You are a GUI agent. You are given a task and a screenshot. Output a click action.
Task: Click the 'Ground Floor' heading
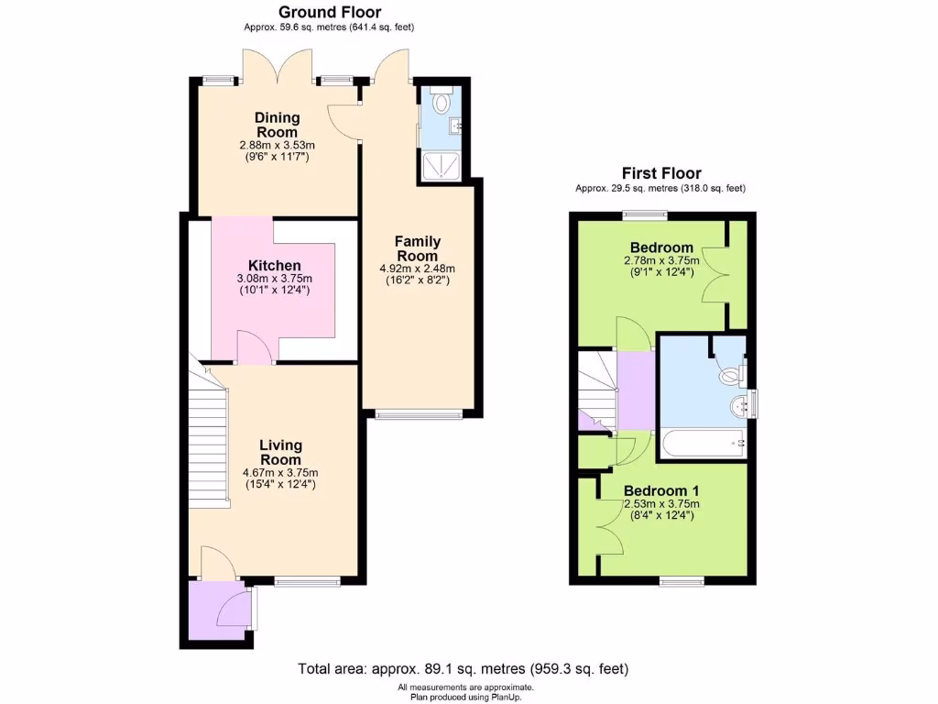(329, 12)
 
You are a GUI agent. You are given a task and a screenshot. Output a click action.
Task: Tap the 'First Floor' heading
(660, 172)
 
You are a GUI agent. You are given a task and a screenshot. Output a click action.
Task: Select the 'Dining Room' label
(276, 125)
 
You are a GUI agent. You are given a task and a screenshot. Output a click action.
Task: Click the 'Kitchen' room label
(275, 266)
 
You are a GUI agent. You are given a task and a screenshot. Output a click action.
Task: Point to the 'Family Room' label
(418, 248)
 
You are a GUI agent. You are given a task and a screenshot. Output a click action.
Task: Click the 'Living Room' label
(280, 452)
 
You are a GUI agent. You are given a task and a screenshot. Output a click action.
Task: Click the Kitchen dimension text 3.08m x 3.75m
(275, 279)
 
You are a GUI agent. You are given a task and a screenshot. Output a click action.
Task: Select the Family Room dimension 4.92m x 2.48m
(418, 269)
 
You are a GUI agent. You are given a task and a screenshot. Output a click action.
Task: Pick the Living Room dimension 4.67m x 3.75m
(280, 473)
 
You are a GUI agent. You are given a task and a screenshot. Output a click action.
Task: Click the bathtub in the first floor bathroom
(701, 443)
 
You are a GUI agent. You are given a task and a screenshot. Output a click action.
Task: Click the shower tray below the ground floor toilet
(441, 163)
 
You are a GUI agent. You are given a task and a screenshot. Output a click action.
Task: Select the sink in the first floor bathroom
(738, 405)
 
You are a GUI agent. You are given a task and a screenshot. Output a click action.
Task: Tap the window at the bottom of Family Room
(418, 414)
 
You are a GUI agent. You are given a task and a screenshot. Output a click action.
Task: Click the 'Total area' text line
(463, 668)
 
